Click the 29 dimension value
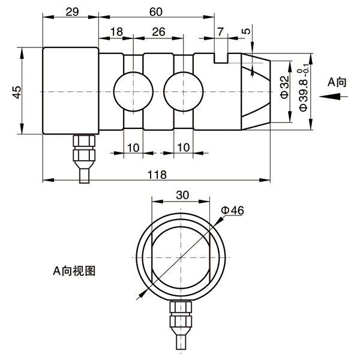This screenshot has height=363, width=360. [72, 11]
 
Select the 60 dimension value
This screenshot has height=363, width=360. [156, 11]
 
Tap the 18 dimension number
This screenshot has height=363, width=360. [116, 32]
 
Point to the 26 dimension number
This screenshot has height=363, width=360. [158, 32]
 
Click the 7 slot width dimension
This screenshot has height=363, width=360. [221, 32]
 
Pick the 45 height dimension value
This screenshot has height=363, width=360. [17, 92]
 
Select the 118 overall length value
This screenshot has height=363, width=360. [157, 175]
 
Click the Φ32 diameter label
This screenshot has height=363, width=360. [285, 87]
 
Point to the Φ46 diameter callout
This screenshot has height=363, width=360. [232, 211]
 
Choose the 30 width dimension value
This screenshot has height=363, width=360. [182, 195]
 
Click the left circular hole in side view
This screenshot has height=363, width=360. [133, 92]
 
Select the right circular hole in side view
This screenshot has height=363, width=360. [184, 92]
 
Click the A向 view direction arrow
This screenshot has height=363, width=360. [333, 97]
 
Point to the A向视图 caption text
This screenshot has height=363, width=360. [74, 271]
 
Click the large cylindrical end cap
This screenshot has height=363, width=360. [71, 91]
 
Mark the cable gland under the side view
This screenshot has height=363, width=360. [84, 159]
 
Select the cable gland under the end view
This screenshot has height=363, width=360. [181, 325]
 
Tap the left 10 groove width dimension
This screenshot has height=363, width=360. [133, 148]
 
